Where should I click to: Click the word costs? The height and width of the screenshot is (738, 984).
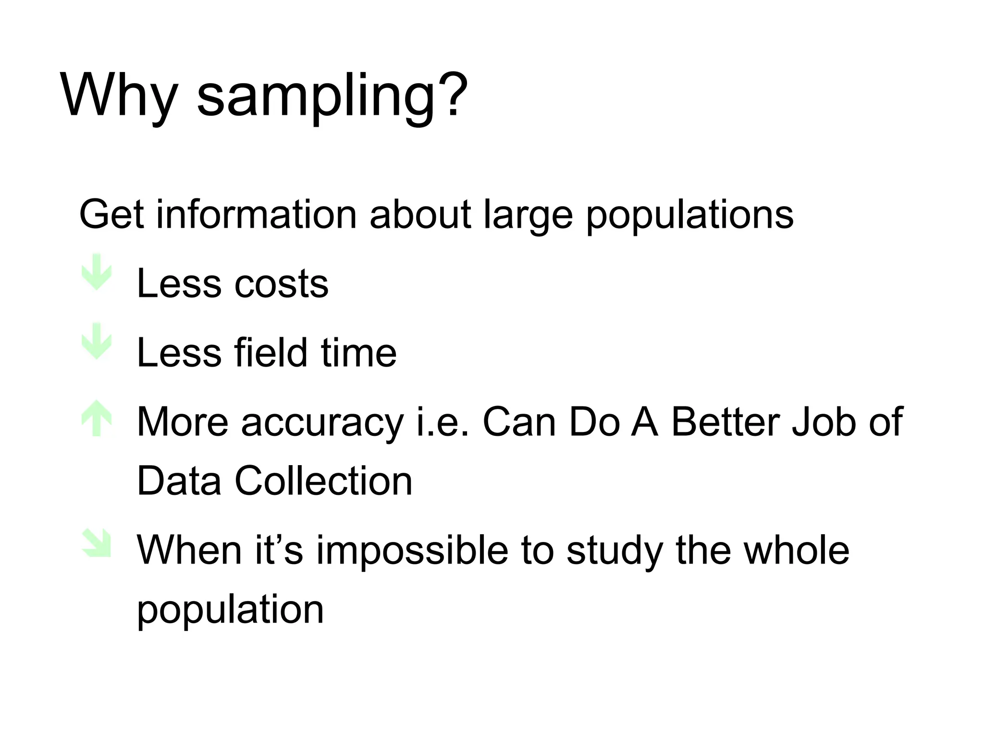281,283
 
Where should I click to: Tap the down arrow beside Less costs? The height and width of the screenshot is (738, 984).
97,272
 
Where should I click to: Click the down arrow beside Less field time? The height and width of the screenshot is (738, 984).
97,341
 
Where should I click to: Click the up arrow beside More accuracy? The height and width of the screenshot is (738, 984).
97,418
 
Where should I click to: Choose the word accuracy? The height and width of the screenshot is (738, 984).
322,423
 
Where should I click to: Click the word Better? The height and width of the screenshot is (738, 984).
726,422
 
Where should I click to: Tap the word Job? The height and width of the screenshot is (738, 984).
824,422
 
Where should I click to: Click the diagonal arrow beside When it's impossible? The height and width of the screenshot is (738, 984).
97,543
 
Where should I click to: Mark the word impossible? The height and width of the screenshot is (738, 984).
412,551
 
